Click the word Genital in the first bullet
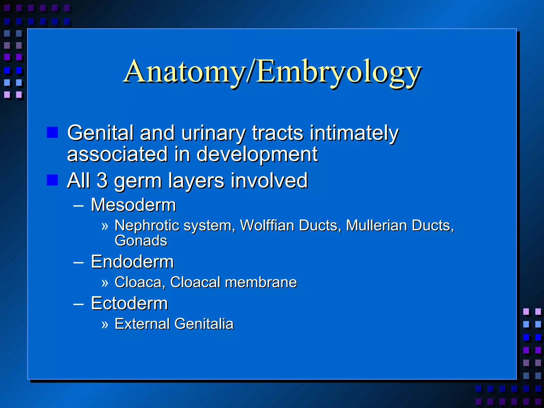[100, 133]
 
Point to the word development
[257, 155]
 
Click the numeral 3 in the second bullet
[102, 180]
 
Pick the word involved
[269, 180]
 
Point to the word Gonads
[141, 240]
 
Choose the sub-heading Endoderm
[132, 262]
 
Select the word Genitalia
[204, 324]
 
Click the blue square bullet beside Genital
[52, 132]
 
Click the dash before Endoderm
[78, 262]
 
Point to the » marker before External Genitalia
[105, 324]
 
